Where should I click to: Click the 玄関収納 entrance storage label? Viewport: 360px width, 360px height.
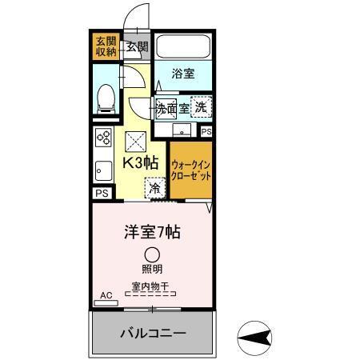pos(106,46)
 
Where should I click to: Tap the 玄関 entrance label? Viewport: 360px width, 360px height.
pos(137,47)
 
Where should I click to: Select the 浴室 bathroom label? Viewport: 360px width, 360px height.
pos(183,74)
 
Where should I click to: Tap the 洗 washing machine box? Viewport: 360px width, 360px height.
pos(202,107)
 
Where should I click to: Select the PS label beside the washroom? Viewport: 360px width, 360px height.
pos(206,131)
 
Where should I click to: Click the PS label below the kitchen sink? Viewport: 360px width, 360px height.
pos(102,193)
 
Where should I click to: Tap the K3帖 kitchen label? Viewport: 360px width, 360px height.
pos(139,162)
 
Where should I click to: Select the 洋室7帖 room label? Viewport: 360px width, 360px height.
pos(151,233)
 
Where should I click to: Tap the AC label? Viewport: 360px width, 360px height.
pos(106,295)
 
